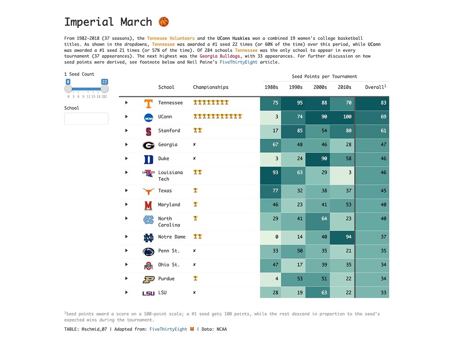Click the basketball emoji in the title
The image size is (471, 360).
click(164, 22)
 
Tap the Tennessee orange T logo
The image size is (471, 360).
click(149, 103)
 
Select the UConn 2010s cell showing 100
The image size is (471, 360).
click(342, 117)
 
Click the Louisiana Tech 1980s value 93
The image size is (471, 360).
click(271, 173)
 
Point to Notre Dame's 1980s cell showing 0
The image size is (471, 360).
click(271, 237)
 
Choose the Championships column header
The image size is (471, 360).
click(211, 87)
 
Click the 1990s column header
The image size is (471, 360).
click(295, 87)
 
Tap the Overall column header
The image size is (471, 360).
click(375, 87)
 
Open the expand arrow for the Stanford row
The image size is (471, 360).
click(127, 131)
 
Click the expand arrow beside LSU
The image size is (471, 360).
click(127, 292)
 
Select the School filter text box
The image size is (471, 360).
click(86, 119)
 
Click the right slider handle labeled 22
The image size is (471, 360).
click(105, 89)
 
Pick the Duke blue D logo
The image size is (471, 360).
click(149, 159)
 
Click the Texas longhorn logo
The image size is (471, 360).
click(149, 191)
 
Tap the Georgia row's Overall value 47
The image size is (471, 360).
click(372, 144)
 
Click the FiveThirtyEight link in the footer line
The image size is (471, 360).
click(168, 329)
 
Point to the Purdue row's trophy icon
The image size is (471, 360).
click(195, 278)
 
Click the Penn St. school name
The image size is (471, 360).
click(169, 251)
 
